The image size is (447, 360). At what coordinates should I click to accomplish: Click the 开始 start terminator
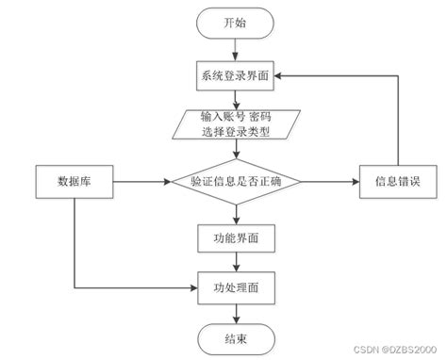click(236, 23)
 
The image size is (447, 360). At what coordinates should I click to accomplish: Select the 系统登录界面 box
click(236, 78)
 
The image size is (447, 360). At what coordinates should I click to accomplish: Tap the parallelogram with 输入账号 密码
click(236, 124)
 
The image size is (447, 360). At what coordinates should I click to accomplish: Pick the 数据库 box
click(74, 180)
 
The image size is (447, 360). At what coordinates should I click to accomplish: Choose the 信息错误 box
click(397, 180)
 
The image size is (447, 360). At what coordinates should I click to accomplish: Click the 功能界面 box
click(236, 237)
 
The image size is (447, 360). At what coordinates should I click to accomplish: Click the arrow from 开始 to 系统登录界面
click(236, 50)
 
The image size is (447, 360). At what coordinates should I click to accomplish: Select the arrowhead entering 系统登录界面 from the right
click(282, 78)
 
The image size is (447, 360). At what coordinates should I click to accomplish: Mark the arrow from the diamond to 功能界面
click(236, 212)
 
